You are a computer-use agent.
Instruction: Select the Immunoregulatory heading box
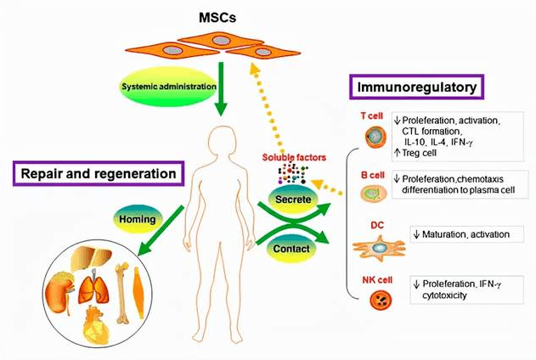[x=416, y=86]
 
